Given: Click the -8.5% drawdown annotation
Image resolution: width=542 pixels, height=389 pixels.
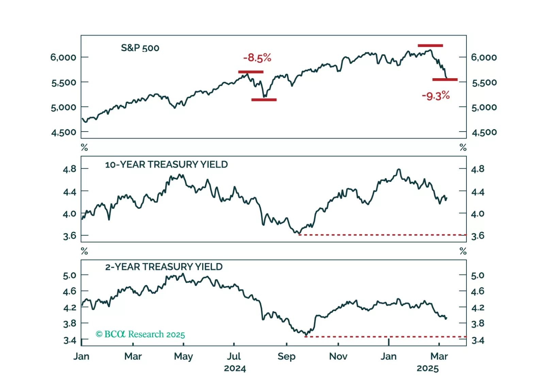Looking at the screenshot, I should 257,58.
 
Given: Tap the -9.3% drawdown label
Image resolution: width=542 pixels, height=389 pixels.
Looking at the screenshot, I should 436,96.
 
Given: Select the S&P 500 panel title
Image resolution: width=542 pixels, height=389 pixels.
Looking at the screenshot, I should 140,48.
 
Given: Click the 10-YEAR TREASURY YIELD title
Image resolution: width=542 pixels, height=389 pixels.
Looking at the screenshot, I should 166,165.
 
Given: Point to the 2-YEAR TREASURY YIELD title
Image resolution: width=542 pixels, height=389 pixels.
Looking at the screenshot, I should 164,267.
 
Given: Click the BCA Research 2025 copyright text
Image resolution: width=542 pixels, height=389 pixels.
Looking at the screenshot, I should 140,335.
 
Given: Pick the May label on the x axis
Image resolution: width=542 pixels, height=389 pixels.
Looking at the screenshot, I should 183,356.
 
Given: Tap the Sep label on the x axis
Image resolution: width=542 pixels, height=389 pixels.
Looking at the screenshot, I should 286,356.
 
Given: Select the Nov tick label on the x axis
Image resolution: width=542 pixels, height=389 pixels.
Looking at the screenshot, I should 338,356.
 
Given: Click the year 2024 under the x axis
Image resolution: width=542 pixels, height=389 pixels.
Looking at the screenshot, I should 235,369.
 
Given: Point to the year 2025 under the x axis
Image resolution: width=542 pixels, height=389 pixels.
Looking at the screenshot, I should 428,369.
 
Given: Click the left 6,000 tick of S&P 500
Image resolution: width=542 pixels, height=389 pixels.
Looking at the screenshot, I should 63,57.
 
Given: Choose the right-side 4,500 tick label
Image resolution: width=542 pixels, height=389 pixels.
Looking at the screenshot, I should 484,132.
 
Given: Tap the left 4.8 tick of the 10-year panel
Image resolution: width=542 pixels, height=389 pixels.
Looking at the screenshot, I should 69,169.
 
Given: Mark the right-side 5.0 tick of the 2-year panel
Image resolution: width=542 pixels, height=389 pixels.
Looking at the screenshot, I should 478,275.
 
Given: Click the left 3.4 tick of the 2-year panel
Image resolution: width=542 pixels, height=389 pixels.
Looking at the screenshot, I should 69,340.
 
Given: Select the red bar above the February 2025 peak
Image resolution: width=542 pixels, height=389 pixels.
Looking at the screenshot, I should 430,46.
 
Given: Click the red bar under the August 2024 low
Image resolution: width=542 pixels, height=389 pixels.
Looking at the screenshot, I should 264,100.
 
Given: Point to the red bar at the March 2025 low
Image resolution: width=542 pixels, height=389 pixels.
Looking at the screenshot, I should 445,80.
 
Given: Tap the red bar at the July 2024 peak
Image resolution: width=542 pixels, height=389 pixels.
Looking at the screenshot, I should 251,72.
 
